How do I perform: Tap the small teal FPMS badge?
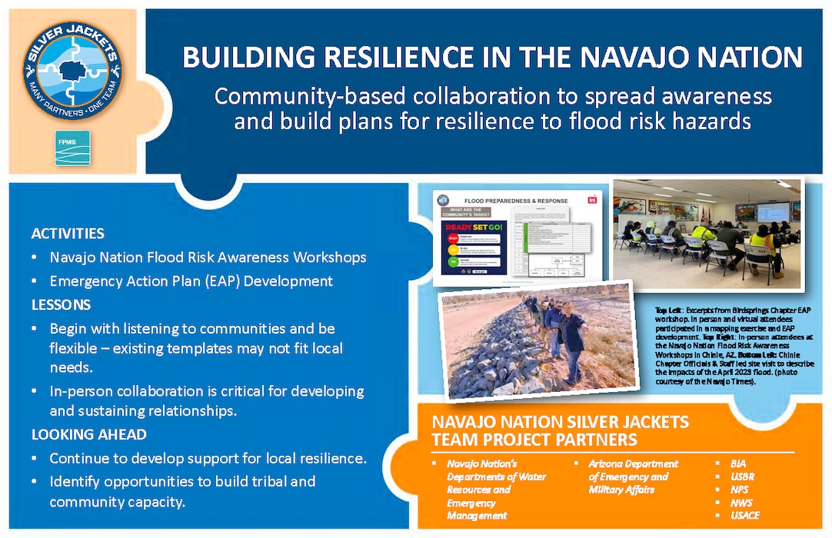(x=72, y=148)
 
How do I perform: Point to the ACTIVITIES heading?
(x=68, y=234)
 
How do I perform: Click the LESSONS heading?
(x=61, y=304)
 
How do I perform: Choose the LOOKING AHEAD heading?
(x=88, y=434)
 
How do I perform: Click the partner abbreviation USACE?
(x=746, y=516)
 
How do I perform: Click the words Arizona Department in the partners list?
(x=634, y=464)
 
